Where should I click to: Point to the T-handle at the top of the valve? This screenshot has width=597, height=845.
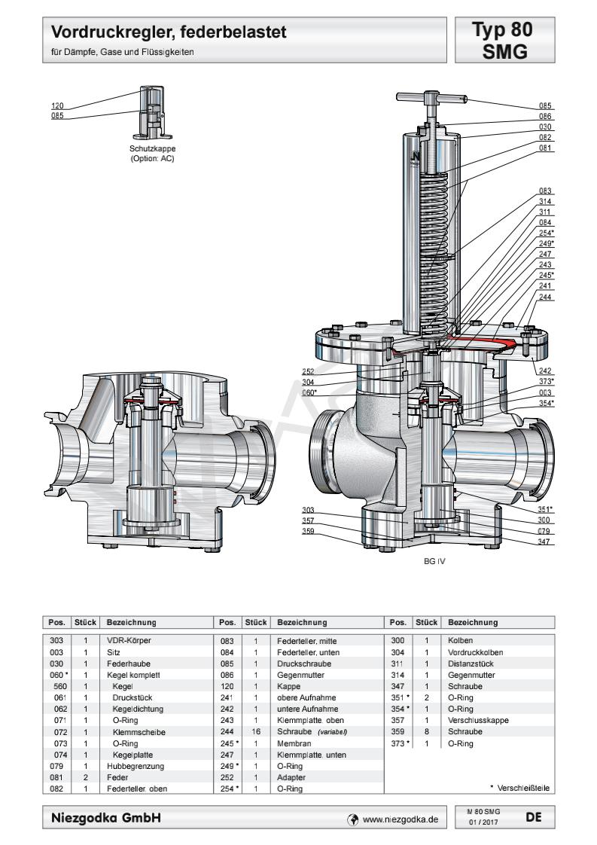click(x=425, y=97)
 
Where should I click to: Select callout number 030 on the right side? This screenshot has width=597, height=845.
click(x=546, y=127)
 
